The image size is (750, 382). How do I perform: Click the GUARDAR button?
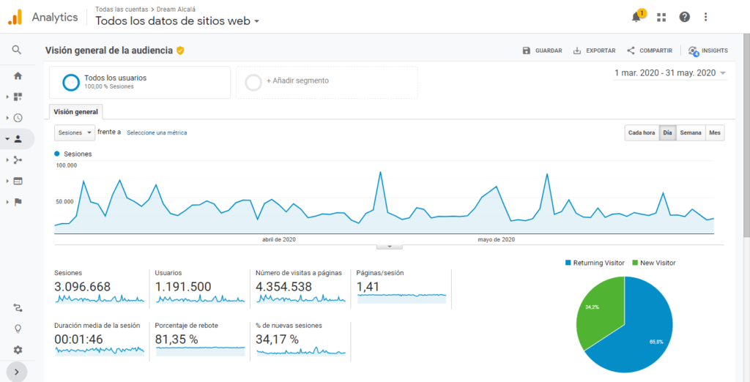tap(542, 50)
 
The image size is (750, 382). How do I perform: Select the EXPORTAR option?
tap(594, 50)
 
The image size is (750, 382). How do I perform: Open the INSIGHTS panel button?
tap(708, 50)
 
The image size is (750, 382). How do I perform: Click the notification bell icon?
tap(636, 17)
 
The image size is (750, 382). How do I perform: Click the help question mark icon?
tap(684, 17)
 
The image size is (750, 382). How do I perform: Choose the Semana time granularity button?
tap(691, 132)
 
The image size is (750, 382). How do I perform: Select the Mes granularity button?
tap(715, 132)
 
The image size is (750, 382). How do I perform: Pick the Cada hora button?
tap(642, 132)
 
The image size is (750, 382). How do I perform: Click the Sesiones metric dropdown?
tap(75, 132)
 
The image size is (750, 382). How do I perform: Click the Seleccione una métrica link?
tap(157, 132)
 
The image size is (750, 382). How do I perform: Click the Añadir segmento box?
tap(326, 81)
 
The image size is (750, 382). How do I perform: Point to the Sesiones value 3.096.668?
tap(83, 287)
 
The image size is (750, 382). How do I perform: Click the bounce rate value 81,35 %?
tap(177, 339)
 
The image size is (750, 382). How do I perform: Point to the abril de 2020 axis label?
tap(279, 239)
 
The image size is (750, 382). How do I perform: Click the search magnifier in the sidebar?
tap(17, 50)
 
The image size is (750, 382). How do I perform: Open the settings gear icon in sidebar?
tap(17, 350)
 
